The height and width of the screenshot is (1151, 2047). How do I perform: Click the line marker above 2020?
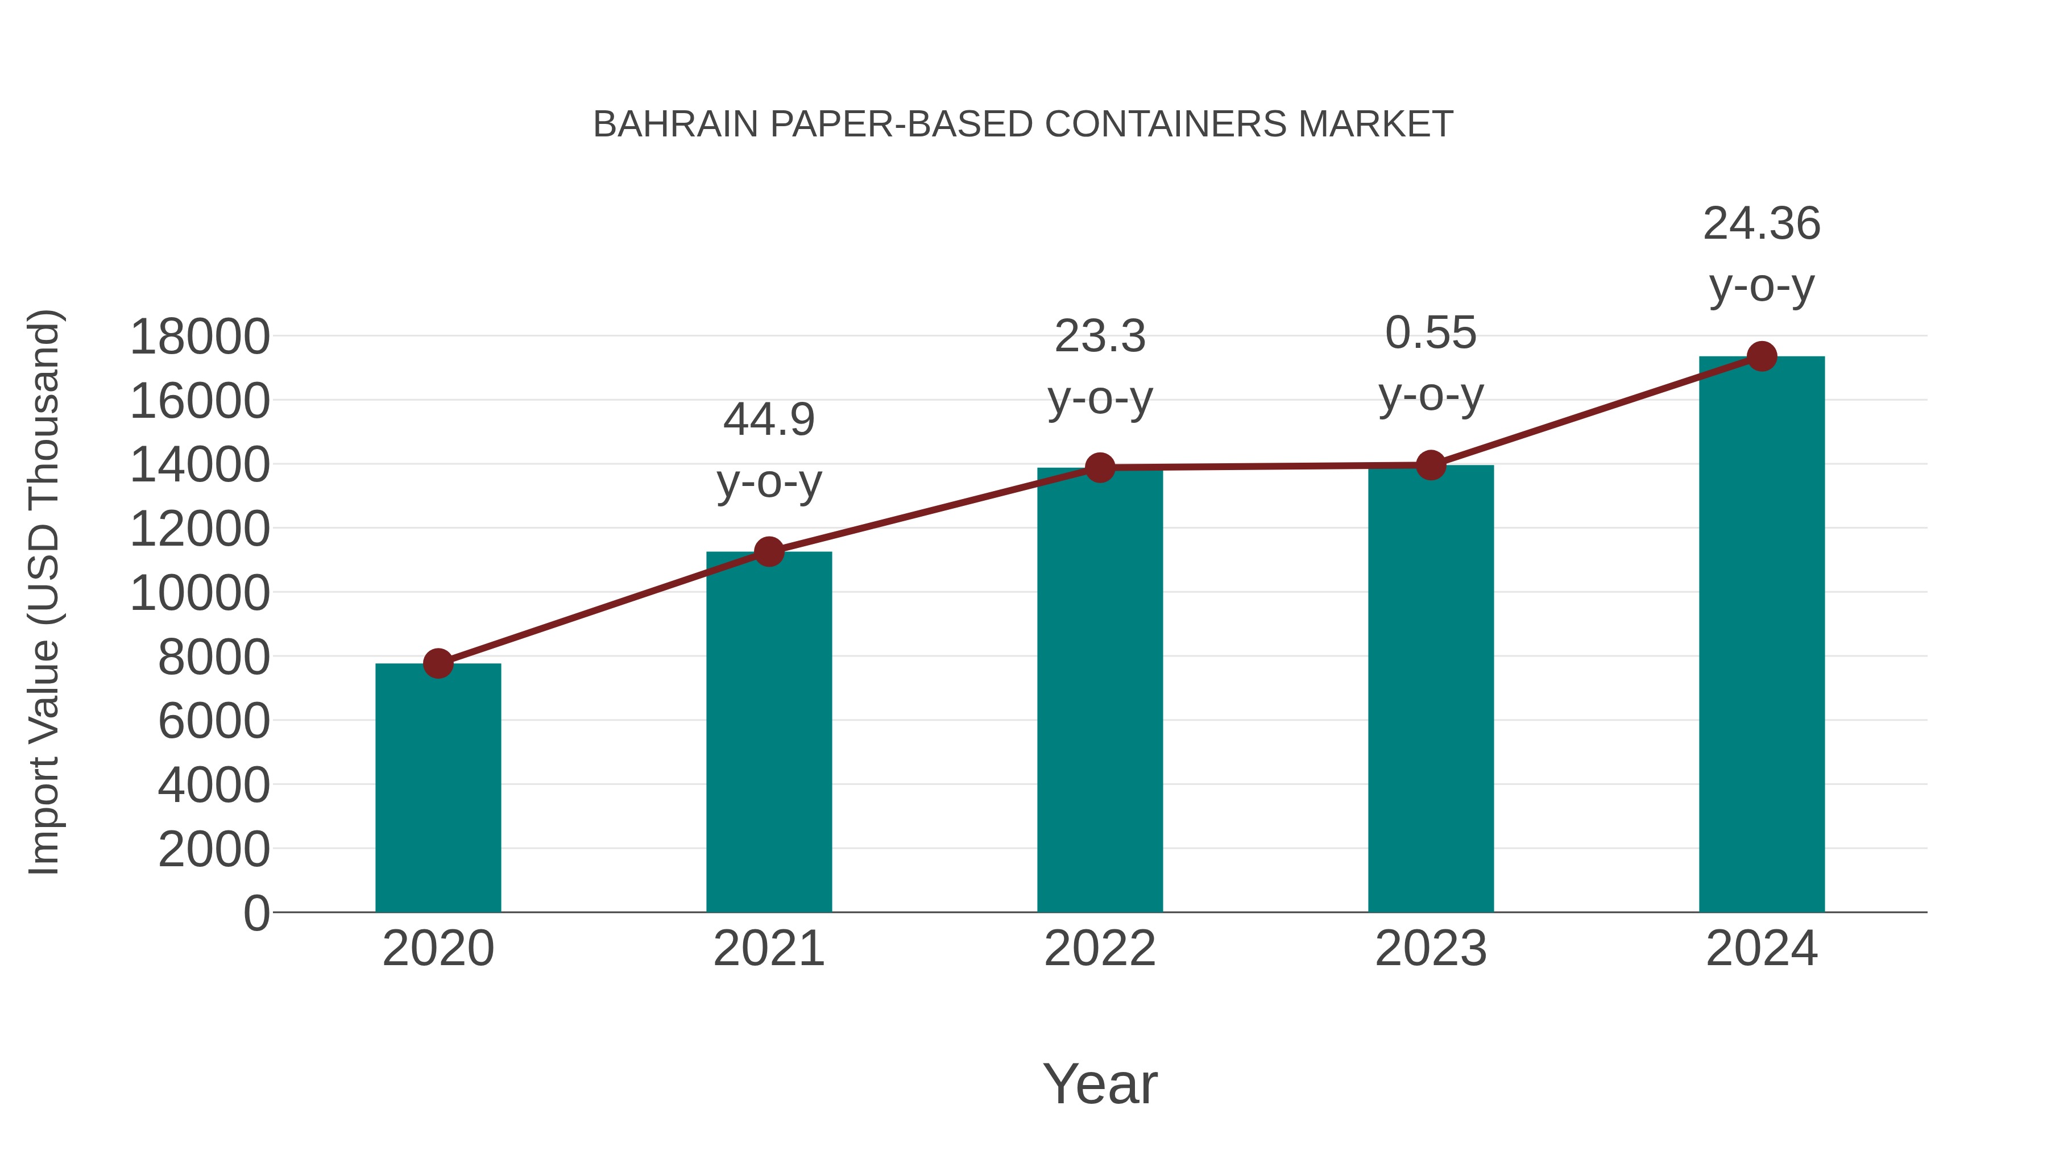[438, 663]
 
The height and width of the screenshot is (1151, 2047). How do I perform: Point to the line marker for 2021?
[768, 551]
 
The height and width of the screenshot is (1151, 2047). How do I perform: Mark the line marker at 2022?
[1100, 468]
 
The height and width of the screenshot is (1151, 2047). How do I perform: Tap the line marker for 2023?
[1431, 466]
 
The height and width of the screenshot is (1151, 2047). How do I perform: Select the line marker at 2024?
[1762, 356]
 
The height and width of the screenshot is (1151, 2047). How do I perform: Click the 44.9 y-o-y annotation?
[768, 450]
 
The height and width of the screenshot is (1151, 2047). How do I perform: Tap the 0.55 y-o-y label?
[1431, 363]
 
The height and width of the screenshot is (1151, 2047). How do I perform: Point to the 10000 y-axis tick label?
[200, 593]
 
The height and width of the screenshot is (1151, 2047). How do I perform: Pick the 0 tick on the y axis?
[256, 913]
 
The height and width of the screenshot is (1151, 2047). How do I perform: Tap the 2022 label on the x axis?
[1100, 949]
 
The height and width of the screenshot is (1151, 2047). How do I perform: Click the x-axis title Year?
[1100, 1083]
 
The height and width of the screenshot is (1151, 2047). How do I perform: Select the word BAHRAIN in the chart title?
[676, 124]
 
